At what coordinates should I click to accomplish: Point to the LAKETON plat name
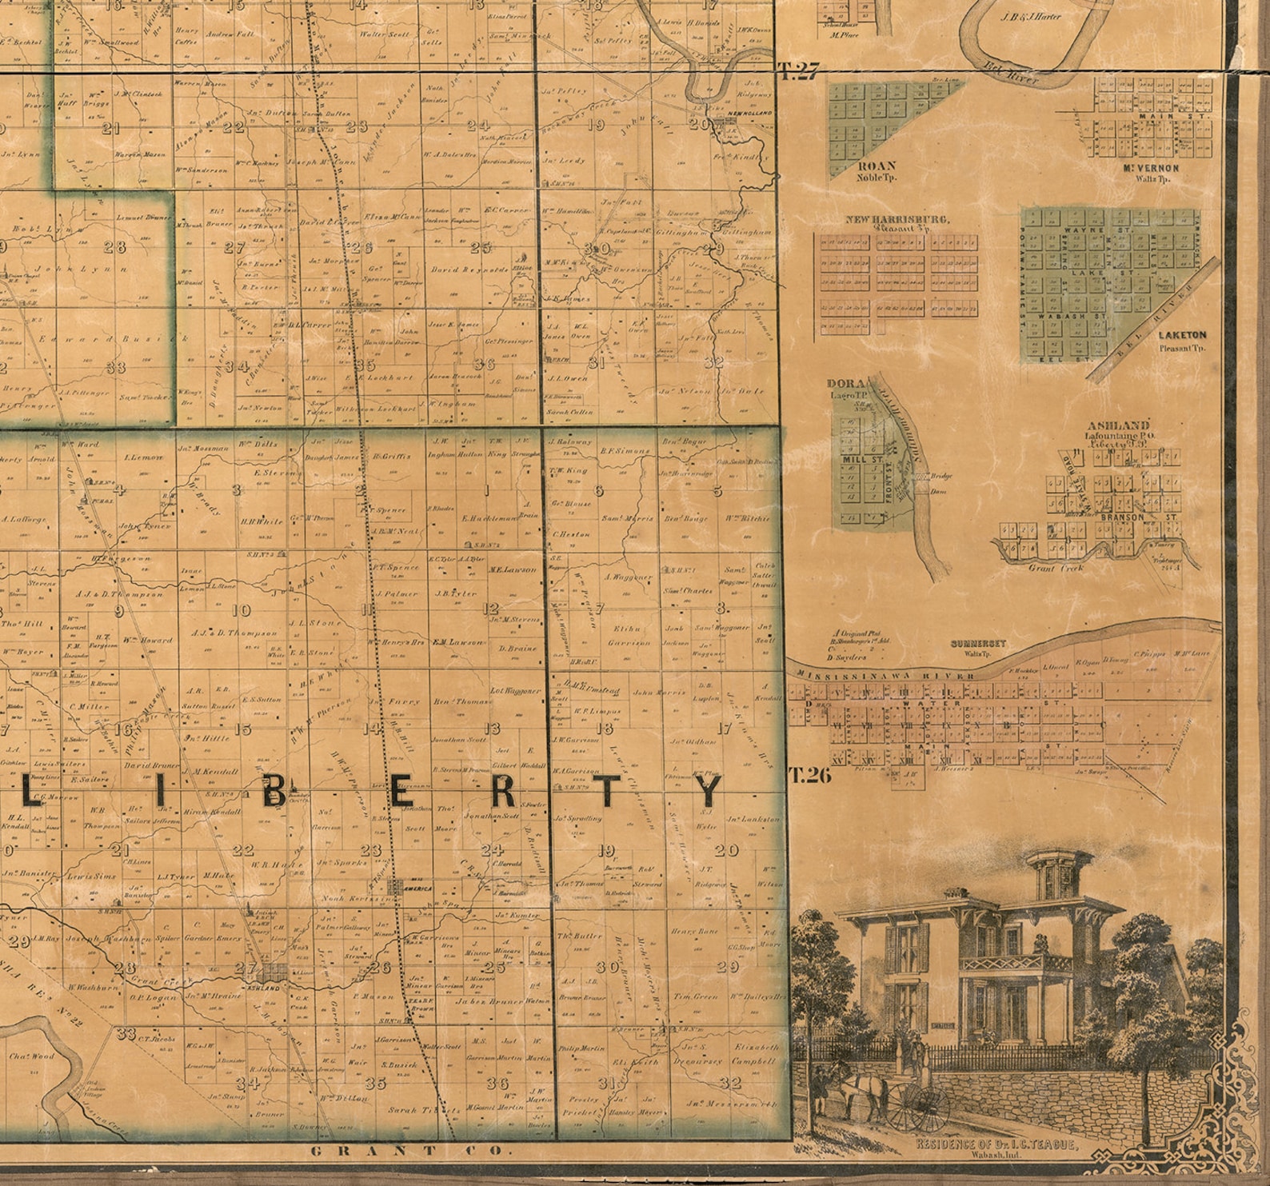coord(1180,336)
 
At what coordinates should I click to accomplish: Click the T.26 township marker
coord(809,774)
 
